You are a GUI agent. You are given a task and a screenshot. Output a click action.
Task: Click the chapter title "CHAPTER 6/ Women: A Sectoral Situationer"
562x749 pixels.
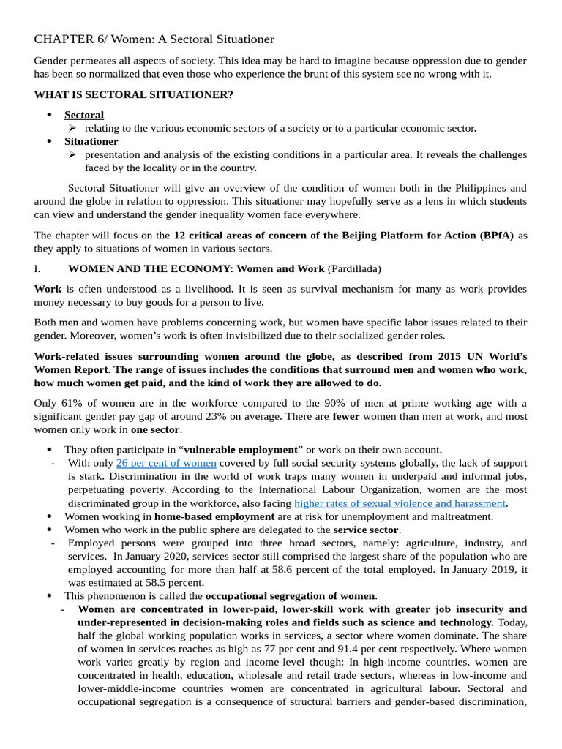coord(154,39)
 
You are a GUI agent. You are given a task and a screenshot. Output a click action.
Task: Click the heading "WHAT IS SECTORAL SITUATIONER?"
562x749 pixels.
coord(133,95)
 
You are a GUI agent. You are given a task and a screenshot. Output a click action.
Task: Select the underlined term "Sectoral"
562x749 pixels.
coord(84,115)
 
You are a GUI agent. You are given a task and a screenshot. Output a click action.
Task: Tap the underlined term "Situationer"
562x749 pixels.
coord(91,141)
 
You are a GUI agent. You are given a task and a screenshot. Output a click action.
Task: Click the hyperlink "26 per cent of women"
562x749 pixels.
coord(166,463)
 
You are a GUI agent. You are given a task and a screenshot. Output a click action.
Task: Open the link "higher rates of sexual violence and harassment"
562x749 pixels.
coord(400,503)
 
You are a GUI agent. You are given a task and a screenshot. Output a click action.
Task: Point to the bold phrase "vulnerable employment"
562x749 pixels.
coord(241,450)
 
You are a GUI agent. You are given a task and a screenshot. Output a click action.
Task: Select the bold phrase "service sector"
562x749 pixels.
coord(366,530)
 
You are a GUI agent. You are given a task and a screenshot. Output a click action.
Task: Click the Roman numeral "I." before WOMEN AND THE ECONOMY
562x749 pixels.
coord(38,268)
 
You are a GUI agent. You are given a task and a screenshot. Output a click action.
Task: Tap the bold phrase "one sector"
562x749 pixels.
coord(155,429)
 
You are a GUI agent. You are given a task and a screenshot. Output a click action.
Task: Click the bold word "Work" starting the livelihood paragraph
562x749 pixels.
coord(48,289)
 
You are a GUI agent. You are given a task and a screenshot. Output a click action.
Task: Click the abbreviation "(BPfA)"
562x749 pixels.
coord(494,235)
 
